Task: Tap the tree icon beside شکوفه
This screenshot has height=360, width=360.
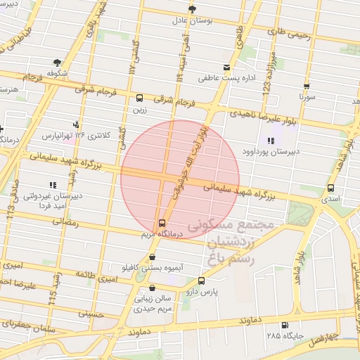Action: point(56,63)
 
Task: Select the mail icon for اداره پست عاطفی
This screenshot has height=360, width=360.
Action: point(226,67)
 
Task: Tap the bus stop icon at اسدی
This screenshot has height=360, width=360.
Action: point(330,188)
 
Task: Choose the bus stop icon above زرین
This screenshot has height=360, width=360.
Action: point(139,98)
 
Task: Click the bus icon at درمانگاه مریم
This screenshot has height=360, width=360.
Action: point(164,223)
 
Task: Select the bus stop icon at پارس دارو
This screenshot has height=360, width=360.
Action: point(202,281)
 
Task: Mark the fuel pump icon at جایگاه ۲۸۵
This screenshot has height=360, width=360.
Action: point(284,325)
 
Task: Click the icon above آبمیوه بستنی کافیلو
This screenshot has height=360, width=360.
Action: point(152,257)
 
